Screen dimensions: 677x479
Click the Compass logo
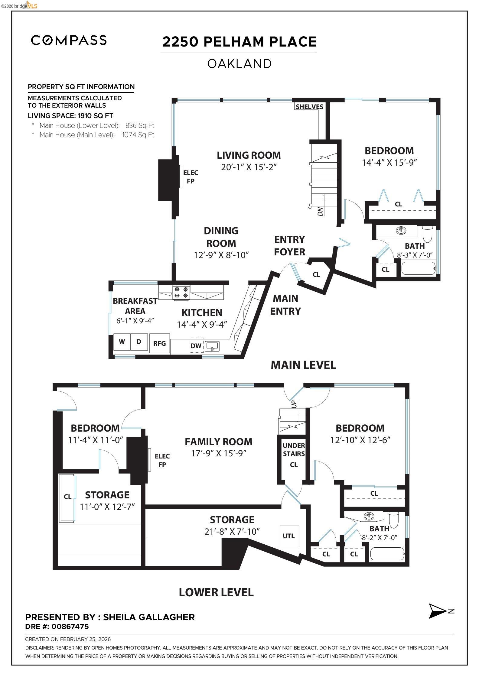69,40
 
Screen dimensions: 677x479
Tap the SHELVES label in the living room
309,107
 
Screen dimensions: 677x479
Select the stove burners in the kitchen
181,292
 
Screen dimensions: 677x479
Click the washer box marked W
122,342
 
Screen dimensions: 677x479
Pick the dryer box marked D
139,342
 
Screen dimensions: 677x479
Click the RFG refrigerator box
159,343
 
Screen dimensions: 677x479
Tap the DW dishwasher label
196,346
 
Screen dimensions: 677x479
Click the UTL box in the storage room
289,536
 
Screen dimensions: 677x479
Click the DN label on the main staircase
321,211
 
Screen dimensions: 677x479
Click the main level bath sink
401,231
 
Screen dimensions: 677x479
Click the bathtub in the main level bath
419,268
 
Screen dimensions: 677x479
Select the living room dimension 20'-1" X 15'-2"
249,167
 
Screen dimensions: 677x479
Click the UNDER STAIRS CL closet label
294,455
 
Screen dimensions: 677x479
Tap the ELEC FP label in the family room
162,460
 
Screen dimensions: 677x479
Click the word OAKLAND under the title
239,64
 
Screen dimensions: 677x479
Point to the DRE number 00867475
70,627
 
